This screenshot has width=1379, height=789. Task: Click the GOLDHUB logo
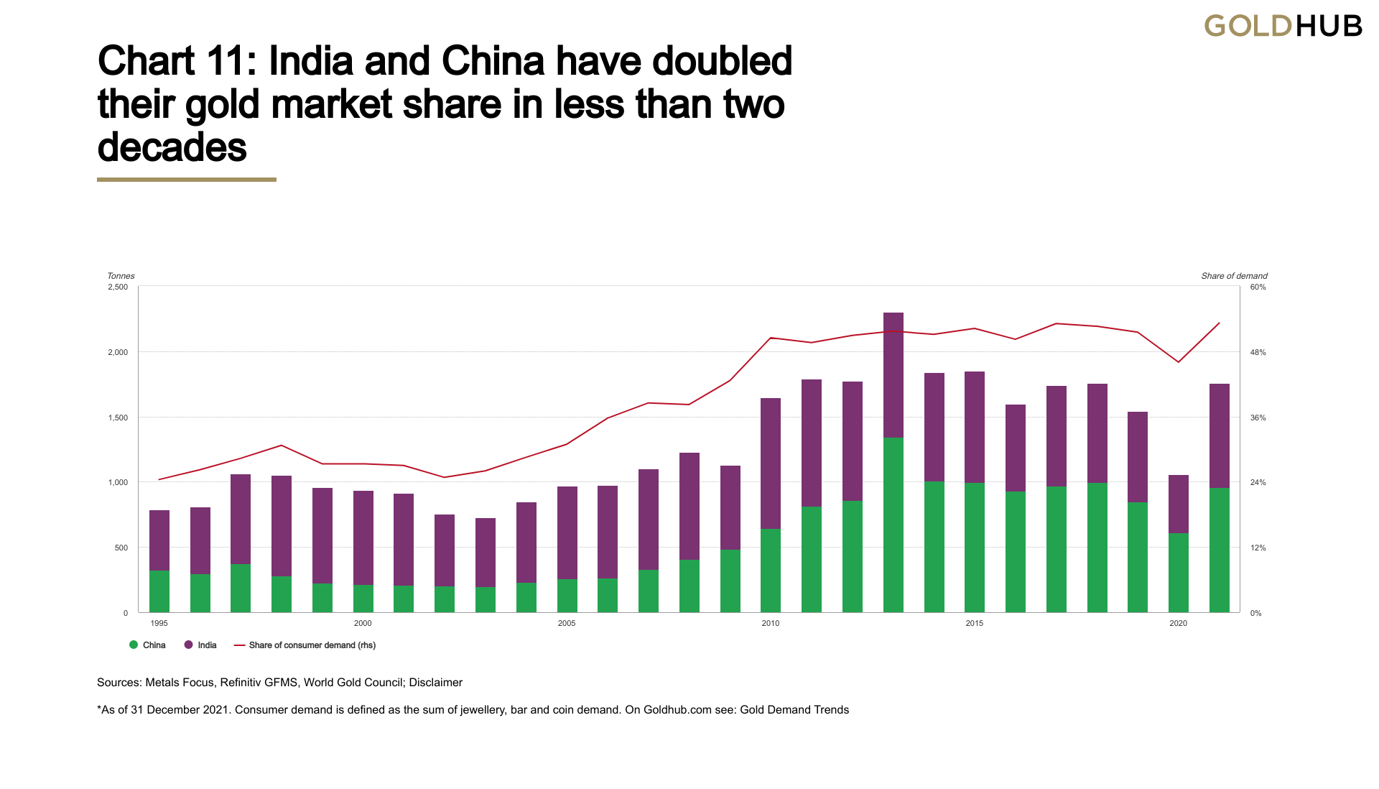pos(1283,27)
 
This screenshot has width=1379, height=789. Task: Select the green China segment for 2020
pos(1179,573)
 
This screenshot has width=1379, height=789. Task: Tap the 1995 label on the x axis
pos(159,623)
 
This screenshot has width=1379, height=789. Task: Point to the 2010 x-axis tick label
pos(771,623)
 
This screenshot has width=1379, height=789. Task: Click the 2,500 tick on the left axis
pos(118,287)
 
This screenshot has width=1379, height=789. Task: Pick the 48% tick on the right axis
pos(1258,353)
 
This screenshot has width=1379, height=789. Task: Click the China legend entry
pos(148,645)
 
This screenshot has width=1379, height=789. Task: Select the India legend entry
pos(201,645)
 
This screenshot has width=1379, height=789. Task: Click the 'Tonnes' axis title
pos(121,276)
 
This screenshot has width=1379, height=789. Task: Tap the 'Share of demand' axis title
pos(1234,276)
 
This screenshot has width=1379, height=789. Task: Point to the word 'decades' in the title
pos(172,147)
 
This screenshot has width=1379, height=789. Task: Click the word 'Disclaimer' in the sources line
pos(436,683)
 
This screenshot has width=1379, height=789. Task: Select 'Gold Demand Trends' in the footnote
pos(794,710)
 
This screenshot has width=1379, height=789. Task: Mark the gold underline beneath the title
pos(187,180)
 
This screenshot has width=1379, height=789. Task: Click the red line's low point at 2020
pos(1179,362)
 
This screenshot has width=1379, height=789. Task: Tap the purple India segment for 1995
pos(159,540)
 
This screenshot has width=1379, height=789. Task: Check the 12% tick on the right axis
pos(1258,548)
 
